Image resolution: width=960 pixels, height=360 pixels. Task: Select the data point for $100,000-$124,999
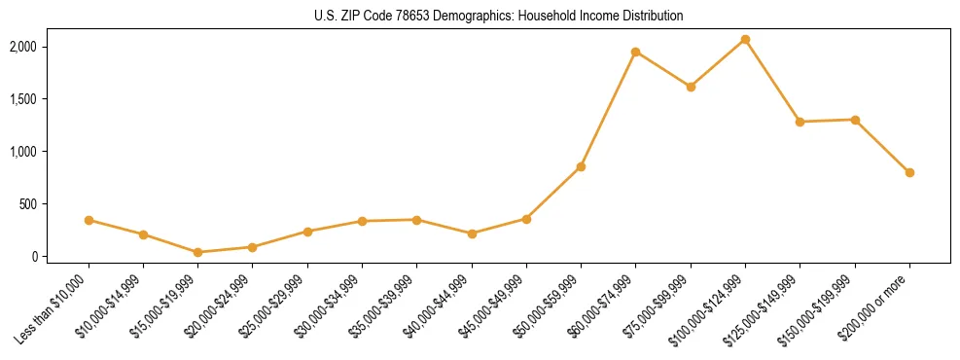pos(745,39)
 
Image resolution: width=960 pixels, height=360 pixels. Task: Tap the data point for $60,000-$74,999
pos(635,52)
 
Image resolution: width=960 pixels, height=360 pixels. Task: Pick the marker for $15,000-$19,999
pos(198,252)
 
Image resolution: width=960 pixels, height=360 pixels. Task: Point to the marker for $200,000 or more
pos(909,172)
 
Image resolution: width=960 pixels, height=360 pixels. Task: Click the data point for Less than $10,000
pos(89,220)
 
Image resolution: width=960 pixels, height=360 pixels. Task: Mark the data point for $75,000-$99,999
pos(691,87)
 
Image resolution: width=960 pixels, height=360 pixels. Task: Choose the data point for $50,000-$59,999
pos(581,166)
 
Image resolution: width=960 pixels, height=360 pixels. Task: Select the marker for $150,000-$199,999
pos(855,120)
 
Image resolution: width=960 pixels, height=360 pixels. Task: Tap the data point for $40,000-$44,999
pos(472,234)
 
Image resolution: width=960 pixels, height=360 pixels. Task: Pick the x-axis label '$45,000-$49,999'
pos(493,310)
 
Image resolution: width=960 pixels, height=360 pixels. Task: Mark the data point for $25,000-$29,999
pos(307,232)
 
